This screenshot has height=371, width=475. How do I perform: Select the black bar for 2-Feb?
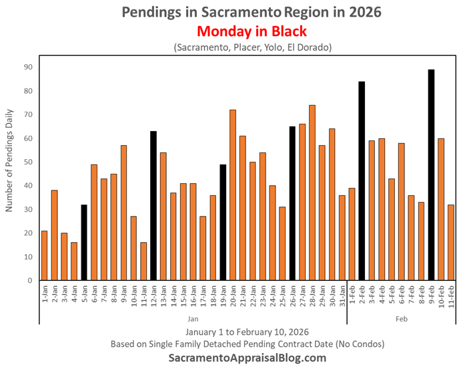point(362,181)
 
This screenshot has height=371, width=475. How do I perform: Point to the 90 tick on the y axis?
point(27,67)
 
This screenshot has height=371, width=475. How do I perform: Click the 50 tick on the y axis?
point(27,162)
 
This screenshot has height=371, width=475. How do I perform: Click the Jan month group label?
point(193,319)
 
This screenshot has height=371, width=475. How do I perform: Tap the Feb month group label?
point(402,319)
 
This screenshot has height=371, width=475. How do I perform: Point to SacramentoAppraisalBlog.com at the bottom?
point(246,358)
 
